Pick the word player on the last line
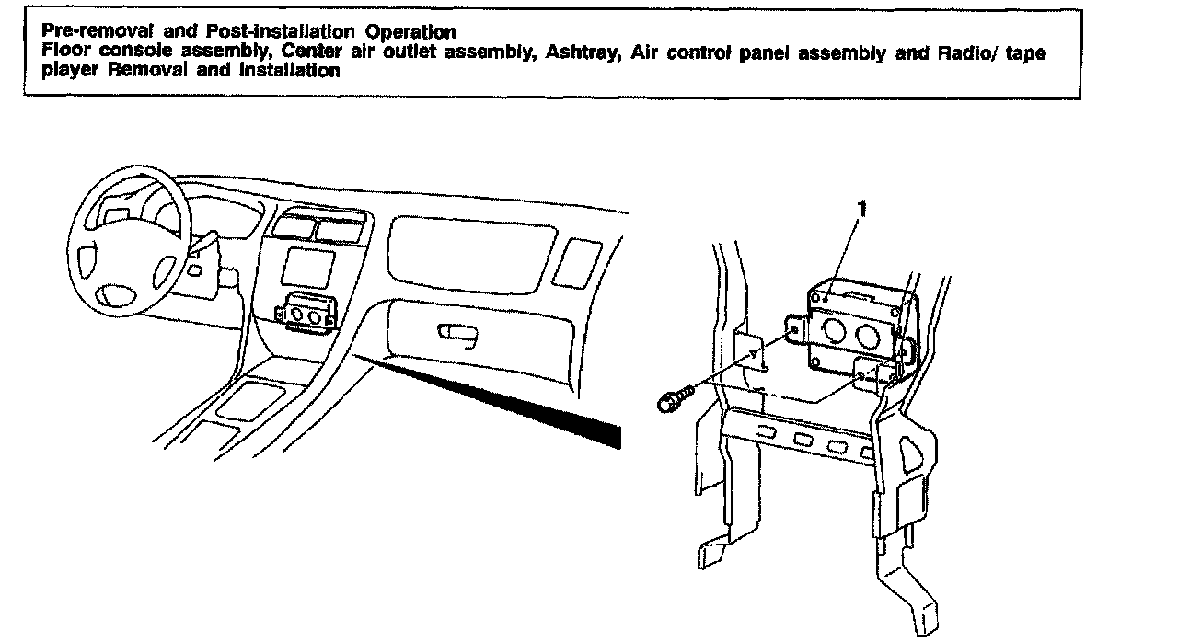[65, 71]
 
